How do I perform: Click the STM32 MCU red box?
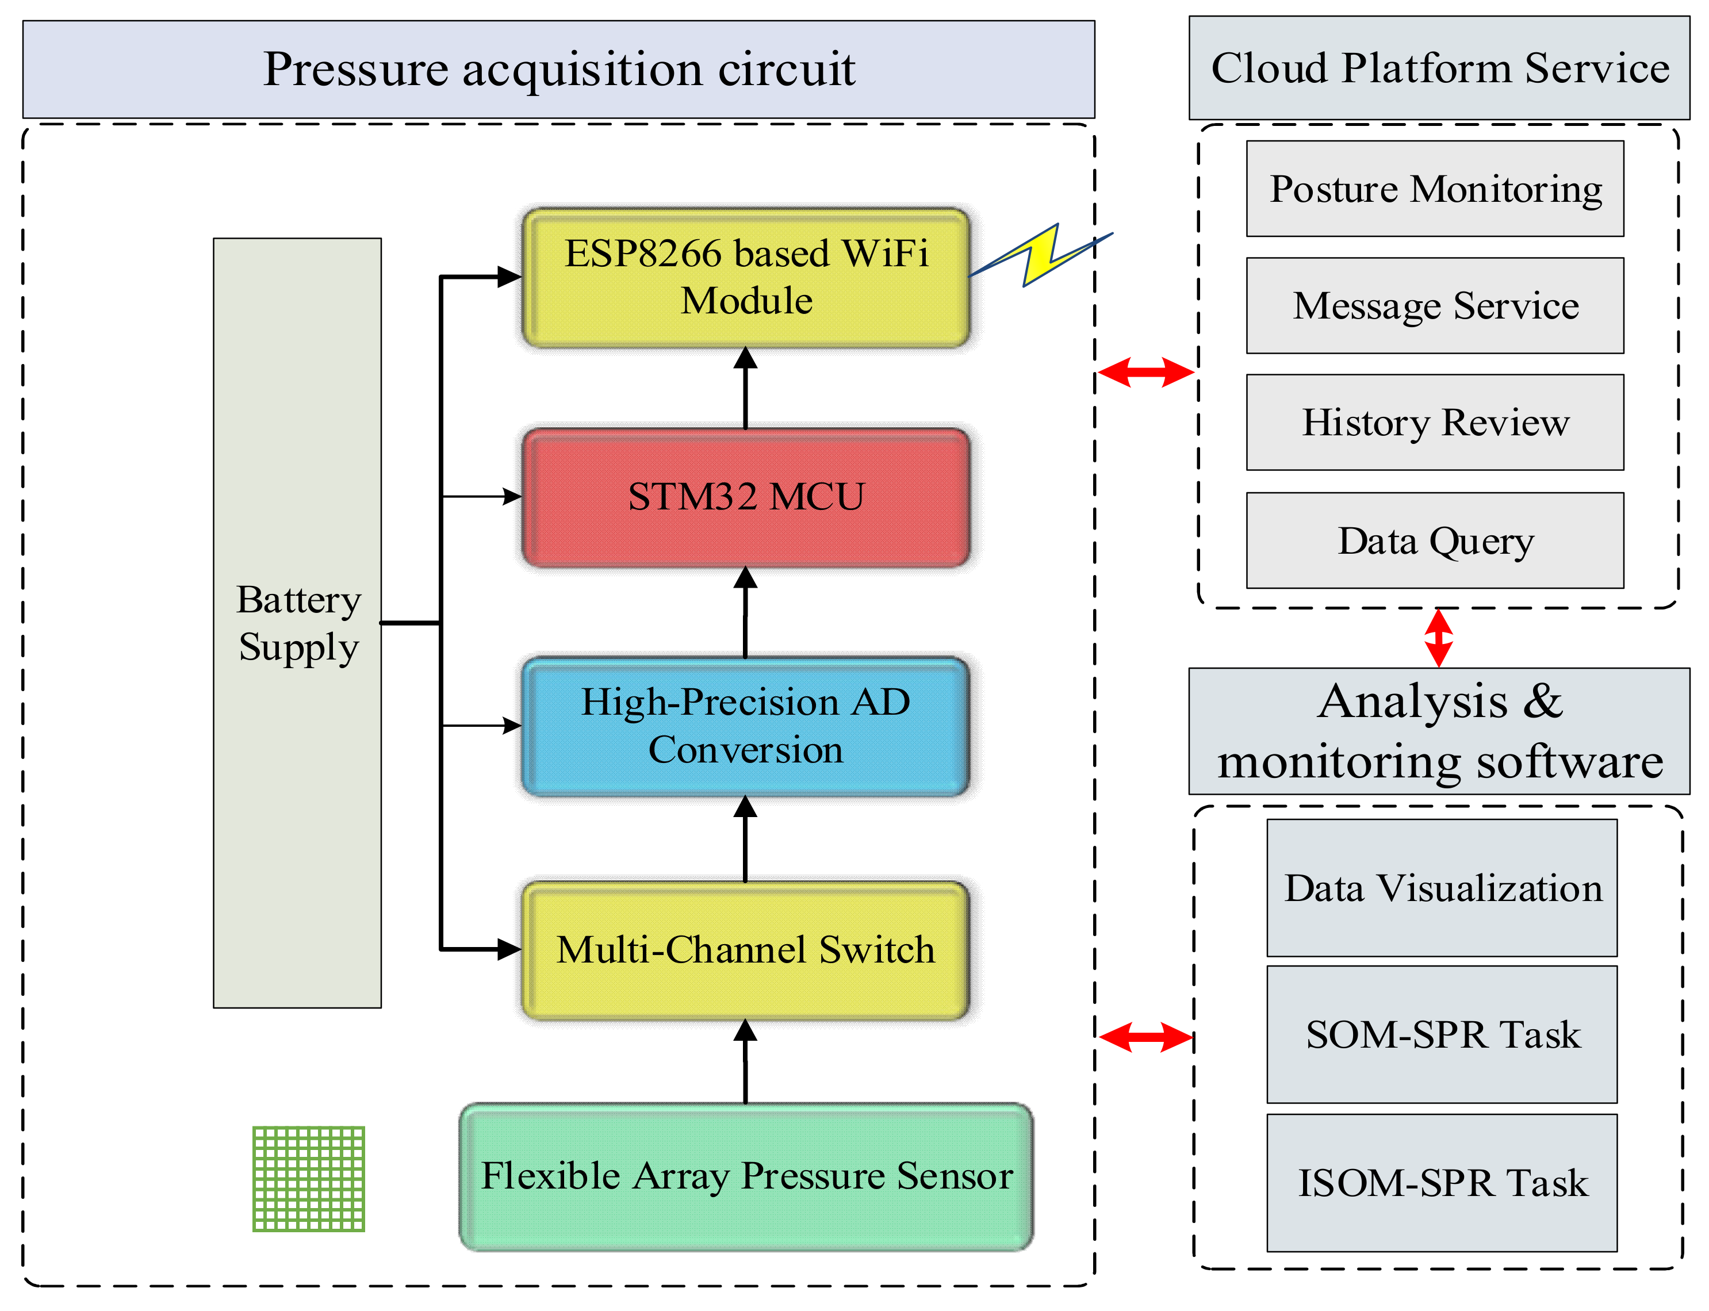coord(745,497)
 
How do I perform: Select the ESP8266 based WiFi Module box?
coord(745,277)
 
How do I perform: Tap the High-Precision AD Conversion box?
coord(745,726)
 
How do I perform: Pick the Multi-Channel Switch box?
coord(745,950)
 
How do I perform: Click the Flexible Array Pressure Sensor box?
coord(745,1176)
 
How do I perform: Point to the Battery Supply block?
coord(297,623)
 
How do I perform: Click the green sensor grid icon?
coord(308,1178)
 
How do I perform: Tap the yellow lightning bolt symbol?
coord(1042,255)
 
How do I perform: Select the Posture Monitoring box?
coord(1434,189)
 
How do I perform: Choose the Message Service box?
coord(1434,306)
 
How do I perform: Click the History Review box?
coord(1434,422)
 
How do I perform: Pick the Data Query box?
coord(1434,540)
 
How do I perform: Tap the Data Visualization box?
coord(1442,887)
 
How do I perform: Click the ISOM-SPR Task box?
coord(1442,1182)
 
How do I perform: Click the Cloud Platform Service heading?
coord(1438,68)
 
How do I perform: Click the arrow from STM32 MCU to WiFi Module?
coord(745,388)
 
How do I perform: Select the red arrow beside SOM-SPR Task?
coord(1145,1037)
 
